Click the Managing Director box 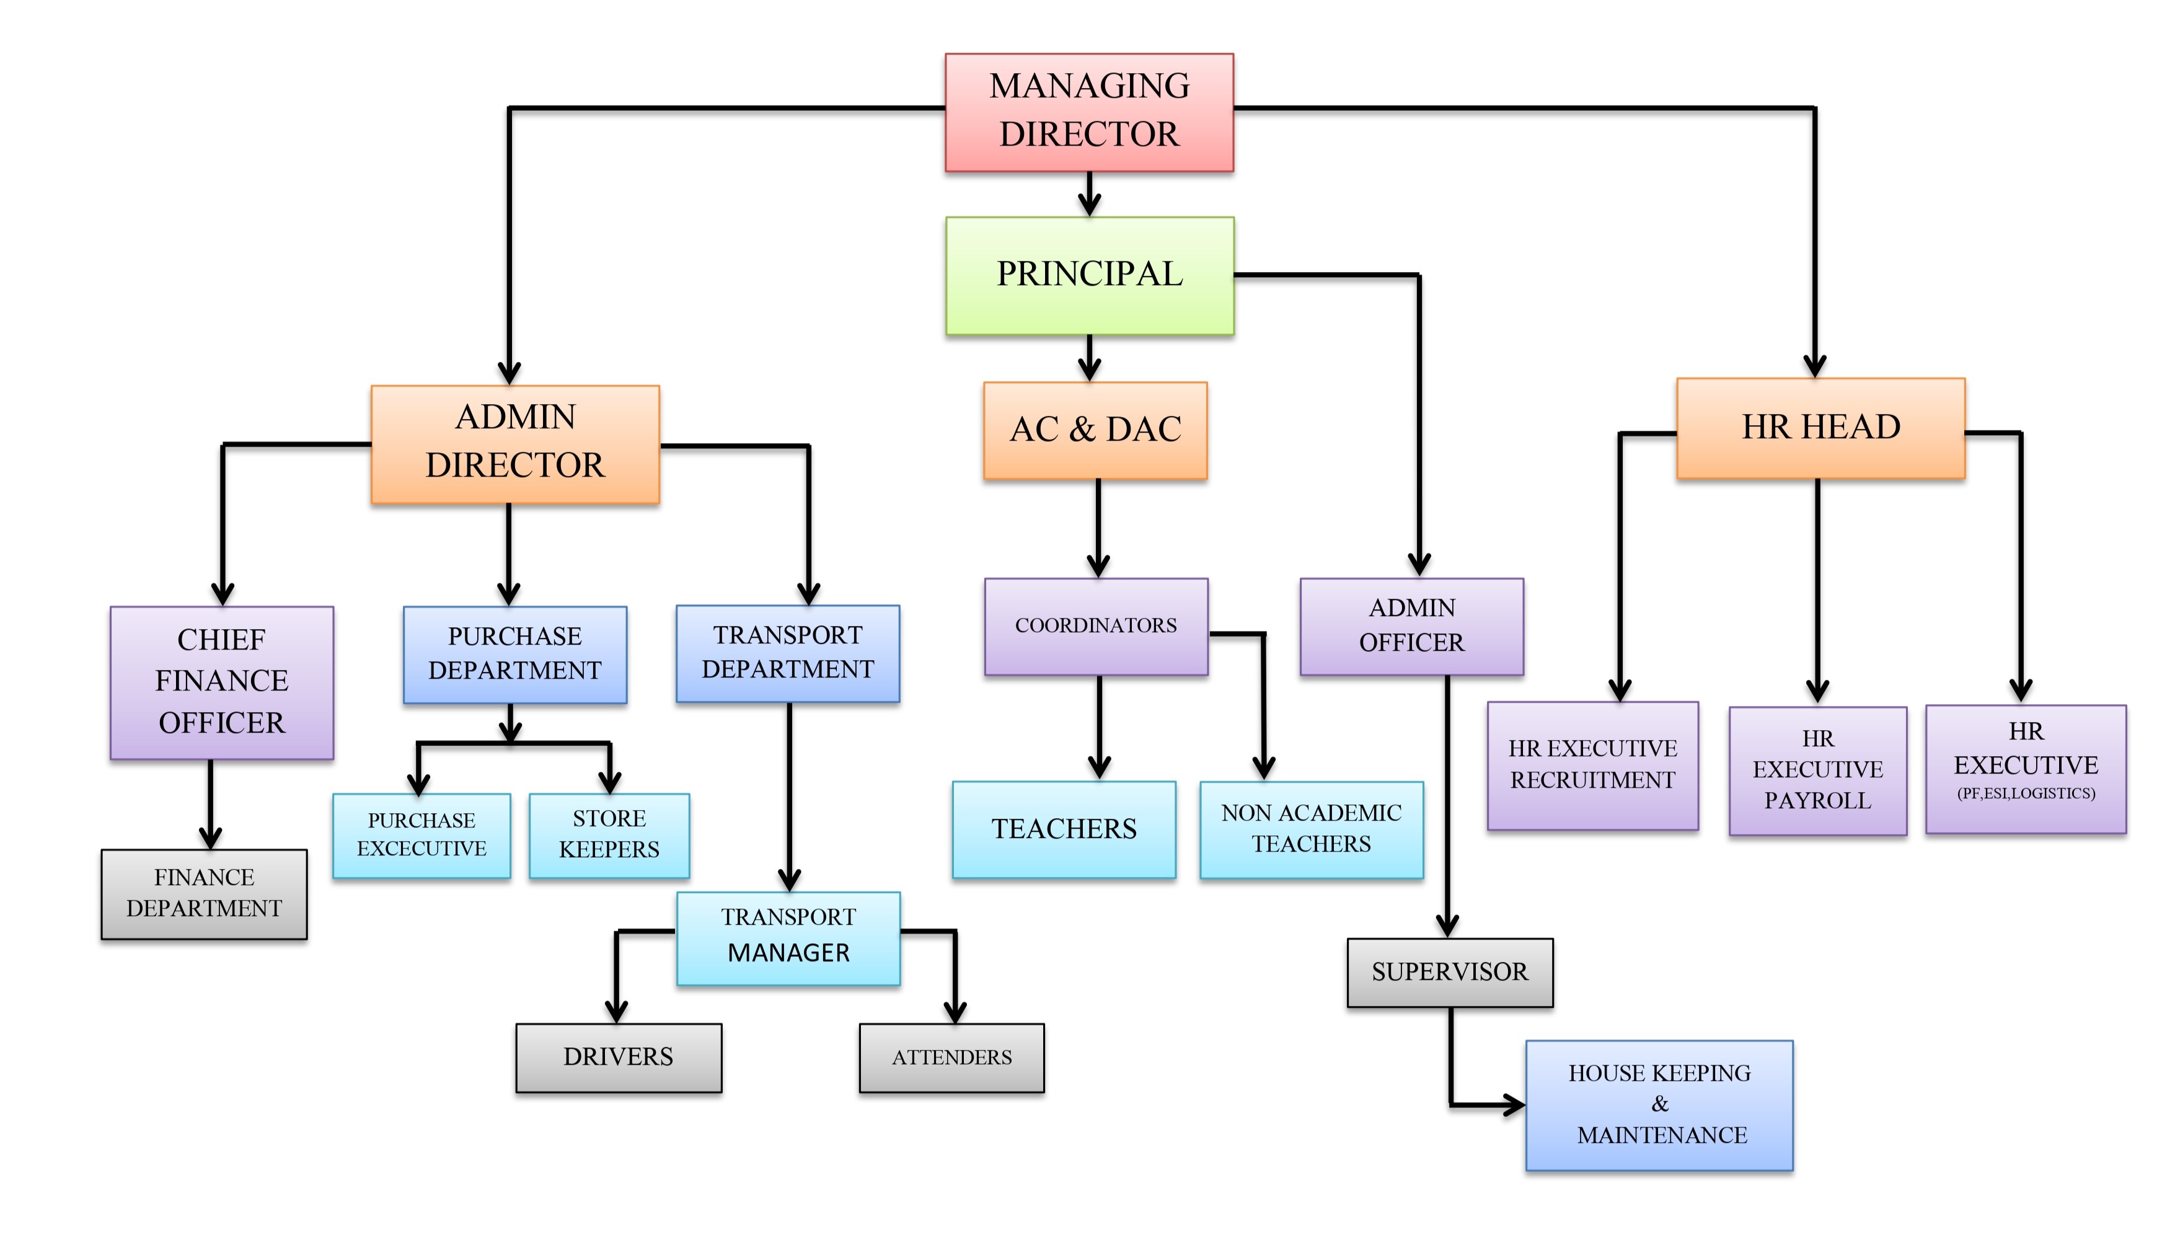pos(1088,112)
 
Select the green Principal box pos(1089,275)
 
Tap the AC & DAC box pos(1095,430)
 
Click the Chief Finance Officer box pos(221,682)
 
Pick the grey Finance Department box pos(204,894)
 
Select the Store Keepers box pos(609,835)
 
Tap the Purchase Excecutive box pos(421,835)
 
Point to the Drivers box pos(619,1057)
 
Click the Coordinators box pos(1096,626)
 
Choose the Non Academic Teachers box pos(1312,829)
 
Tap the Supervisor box pos(1450,972)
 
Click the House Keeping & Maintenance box pos(1659,1105)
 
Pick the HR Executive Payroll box pos(1817,770)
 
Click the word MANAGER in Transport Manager pos(788,953)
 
